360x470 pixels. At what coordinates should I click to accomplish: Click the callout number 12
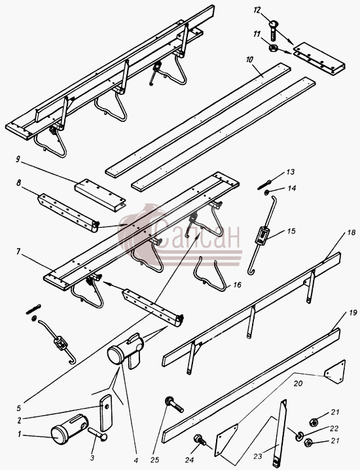[257, 10]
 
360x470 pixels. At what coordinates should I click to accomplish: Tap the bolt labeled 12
[274, 30]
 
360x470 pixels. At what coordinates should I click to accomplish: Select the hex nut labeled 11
[273, 48]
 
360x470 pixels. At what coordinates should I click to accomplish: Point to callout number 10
[249, 60]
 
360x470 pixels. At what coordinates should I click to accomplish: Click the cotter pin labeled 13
[264, 185]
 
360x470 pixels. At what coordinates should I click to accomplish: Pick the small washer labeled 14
[266, 193]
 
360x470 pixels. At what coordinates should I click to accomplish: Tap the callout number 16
[237, 285]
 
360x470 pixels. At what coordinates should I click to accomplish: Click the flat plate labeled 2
[106, 412]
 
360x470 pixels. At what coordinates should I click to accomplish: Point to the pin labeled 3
[97, 434]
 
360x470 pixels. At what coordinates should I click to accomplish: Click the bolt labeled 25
[174, 405]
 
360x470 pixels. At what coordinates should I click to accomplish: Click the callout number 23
[258, 456]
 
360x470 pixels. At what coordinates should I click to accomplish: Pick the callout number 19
[353, 314]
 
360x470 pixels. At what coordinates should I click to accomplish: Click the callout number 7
[18, 252]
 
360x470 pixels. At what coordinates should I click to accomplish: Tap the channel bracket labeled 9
[100, 195]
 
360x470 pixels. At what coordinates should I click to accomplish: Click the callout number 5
[18, 408]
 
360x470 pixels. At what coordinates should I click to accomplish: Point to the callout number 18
[351, 232]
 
